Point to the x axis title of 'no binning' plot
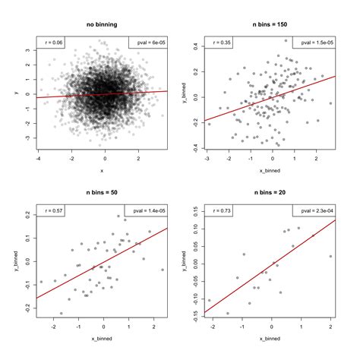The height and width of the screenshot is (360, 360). (101, 170)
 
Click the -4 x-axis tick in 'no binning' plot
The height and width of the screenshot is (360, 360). (38, 159)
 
